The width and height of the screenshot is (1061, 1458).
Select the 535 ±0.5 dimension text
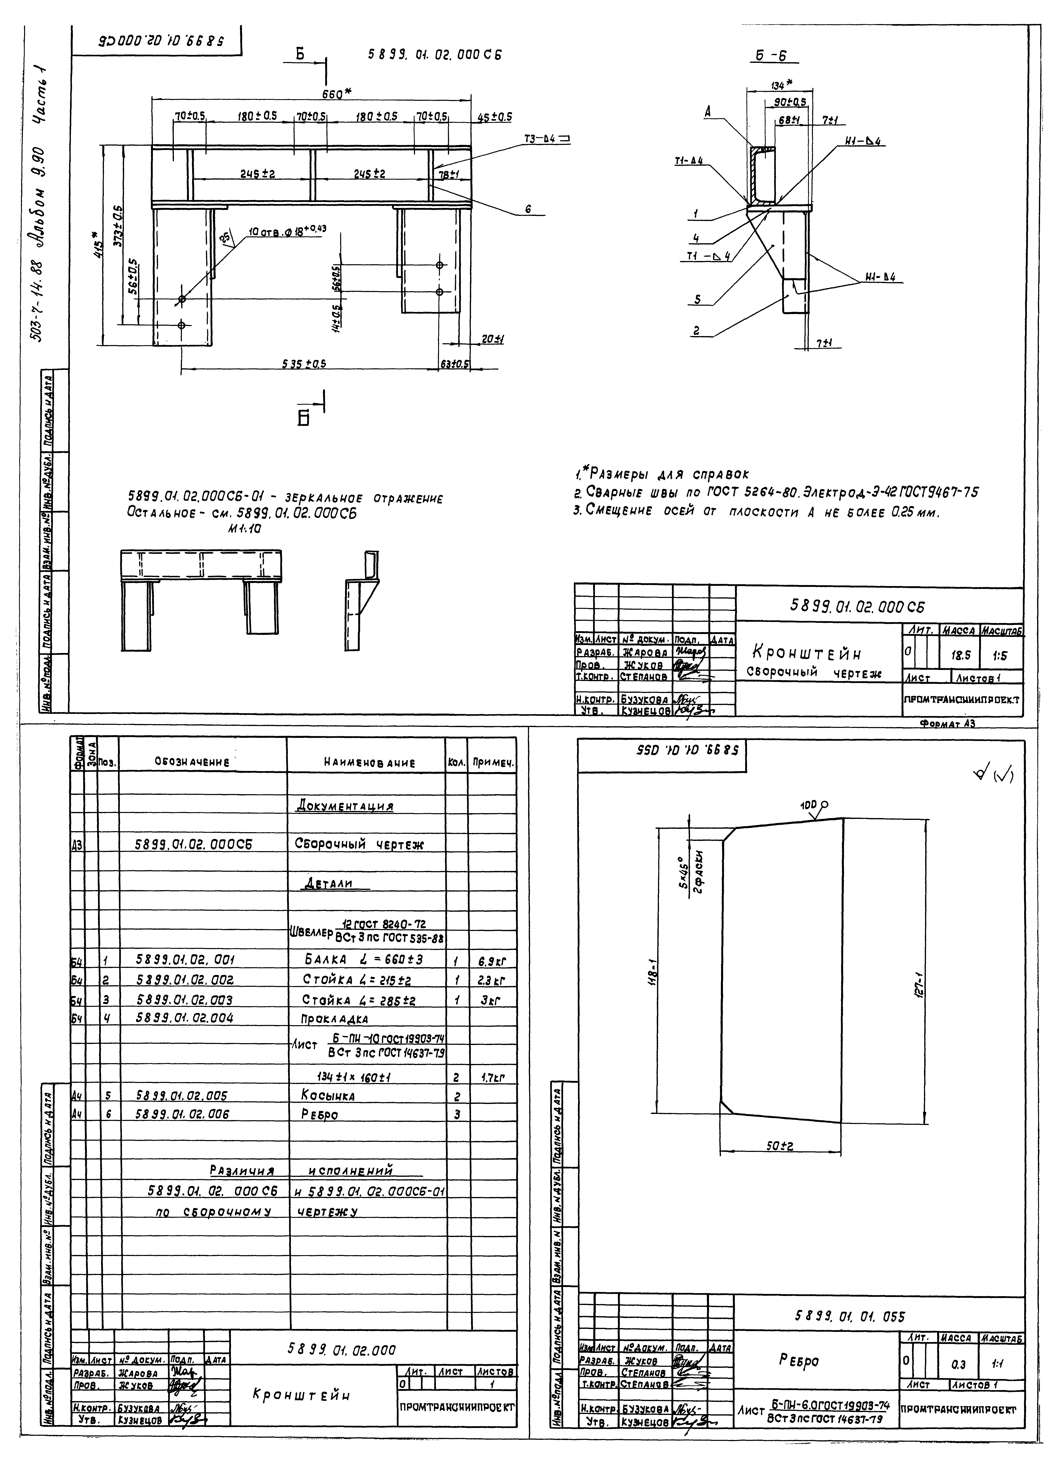(304, 364)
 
